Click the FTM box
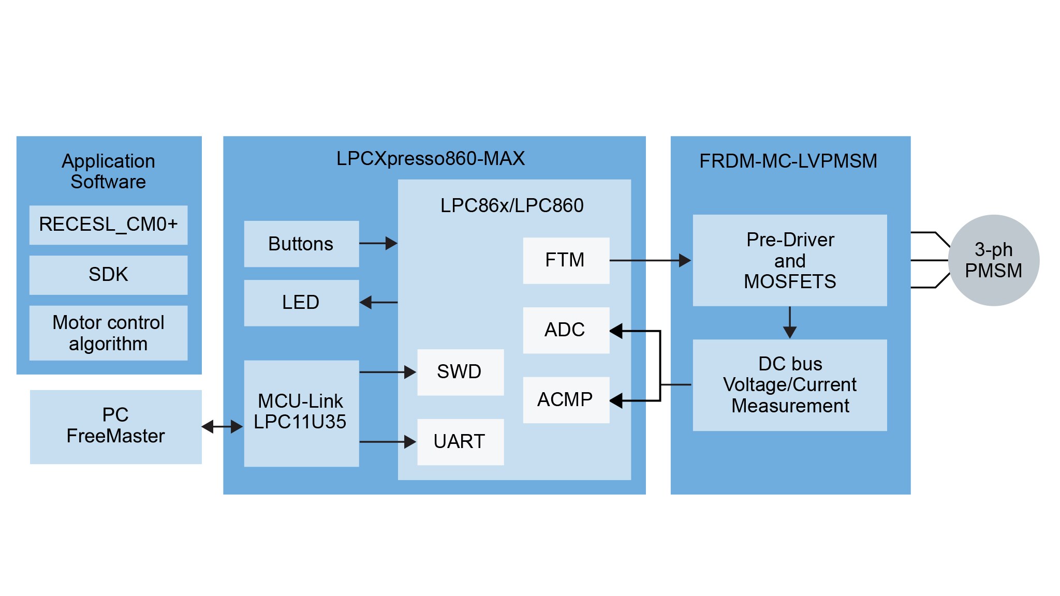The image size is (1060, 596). pos(566,260)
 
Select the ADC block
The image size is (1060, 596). pos(566,330)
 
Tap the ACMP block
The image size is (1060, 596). pos(566,400)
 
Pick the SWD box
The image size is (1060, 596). pos(460,372)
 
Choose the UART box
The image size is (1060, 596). pos(460,442)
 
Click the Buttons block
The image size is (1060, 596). pos(301,244)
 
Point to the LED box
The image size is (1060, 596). pos(301,303)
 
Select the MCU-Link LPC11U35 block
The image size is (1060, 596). pos(301,413)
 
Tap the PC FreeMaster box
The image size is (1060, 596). pos(115,426)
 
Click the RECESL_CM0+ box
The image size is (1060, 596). pos(108,225)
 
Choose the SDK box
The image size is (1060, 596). pos(108,275)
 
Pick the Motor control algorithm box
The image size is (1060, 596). pos(108,333)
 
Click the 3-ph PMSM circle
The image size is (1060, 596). pos(993,260)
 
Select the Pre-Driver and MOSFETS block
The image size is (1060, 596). pos(789,260)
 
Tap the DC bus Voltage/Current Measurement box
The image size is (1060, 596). pos(789,385)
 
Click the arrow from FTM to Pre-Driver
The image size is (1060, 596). pos(650,260)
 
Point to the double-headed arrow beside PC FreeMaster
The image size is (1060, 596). pos(222,427)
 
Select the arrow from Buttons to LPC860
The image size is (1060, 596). pos(378,243)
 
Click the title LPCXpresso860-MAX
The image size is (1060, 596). pos(430,158)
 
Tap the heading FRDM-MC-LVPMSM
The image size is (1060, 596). pos(788,161)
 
